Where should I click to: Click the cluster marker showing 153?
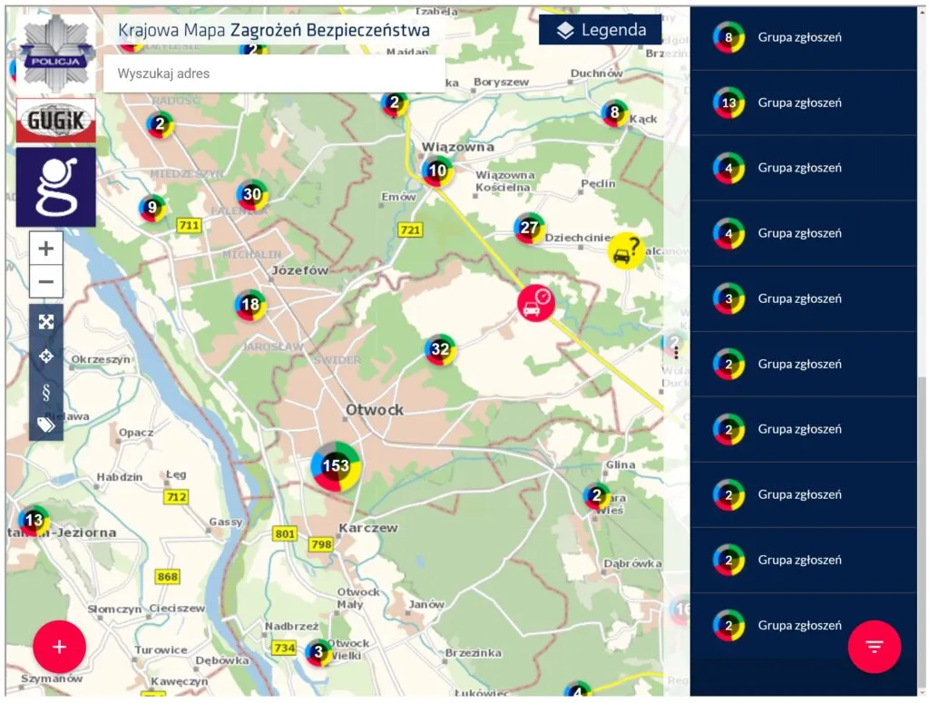tap(336, 466)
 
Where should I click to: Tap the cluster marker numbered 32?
tap(440, 349)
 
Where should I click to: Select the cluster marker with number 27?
tap(529, 228)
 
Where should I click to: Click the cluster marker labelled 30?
tap(252, 195)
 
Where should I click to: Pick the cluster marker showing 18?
tap(250, 305)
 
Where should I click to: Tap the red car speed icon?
tap(536, 303)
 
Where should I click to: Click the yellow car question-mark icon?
tap(626, 250)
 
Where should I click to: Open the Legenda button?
tap(600, 30)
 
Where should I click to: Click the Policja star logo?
tap(56, 54)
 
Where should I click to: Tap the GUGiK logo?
tap(56, 121)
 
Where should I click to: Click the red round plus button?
tap(60, 647)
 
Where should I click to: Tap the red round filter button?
tap(874, 647)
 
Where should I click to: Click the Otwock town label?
tap(375, 410)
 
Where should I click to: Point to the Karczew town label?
tap(367, 527)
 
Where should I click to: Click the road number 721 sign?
tap(411, 230)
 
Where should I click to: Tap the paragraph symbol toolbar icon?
tap(46, 391)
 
